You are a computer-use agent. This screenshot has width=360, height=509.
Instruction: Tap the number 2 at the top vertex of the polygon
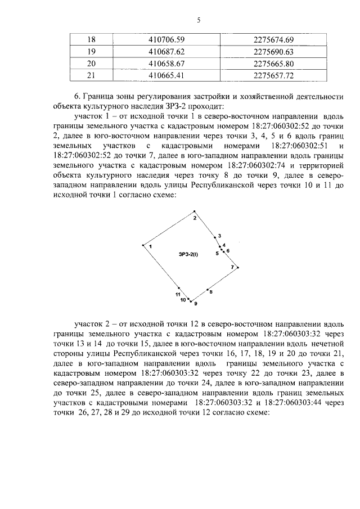195,217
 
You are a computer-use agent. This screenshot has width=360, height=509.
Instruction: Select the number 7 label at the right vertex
232,266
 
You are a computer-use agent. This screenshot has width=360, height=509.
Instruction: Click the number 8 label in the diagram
210,291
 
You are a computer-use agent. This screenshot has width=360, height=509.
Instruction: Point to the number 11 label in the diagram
177,294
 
